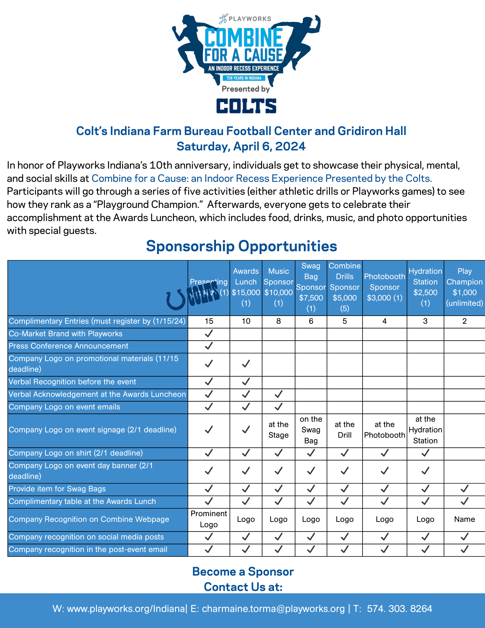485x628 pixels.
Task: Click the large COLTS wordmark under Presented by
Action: pos(246,106)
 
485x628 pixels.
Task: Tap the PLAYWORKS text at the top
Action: pos(250,19)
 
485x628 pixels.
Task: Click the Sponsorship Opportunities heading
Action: pos(241,246)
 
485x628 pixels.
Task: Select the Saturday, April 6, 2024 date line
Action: pos(241,146)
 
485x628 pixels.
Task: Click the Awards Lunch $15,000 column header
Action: pos(246,287)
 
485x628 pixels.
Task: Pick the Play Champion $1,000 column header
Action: pos(464,287)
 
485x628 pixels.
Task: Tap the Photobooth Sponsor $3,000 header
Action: pos(385,287)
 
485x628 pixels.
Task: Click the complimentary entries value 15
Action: pos(209,321)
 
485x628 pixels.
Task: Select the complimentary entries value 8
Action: pos(278,321)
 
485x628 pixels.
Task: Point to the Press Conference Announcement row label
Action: pos(68,346)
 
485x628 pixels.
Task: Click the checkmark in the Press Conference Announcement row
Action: pos(209,346)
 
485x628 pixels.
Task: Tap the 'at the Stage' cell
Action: pos(278,430)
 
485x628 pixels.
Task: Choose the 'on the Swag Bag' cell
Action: pos(311,430)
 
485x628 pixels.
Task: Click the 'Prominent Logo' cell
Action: pos(209,519)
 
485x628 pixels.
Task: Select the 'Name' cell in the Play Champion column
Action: pos(464,519)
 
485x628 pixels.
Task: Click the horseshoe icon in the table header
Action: pos(176,300)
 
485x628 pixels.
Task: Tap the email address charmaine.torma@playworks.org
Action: pos(273,609)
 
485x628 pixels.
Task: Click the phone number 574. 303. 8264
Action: pos(399,609)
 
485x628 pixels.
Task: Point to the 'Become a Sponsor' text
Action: pos(243,572)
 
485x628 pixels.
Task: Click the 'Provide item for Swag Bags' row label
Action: pos(57,489)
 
